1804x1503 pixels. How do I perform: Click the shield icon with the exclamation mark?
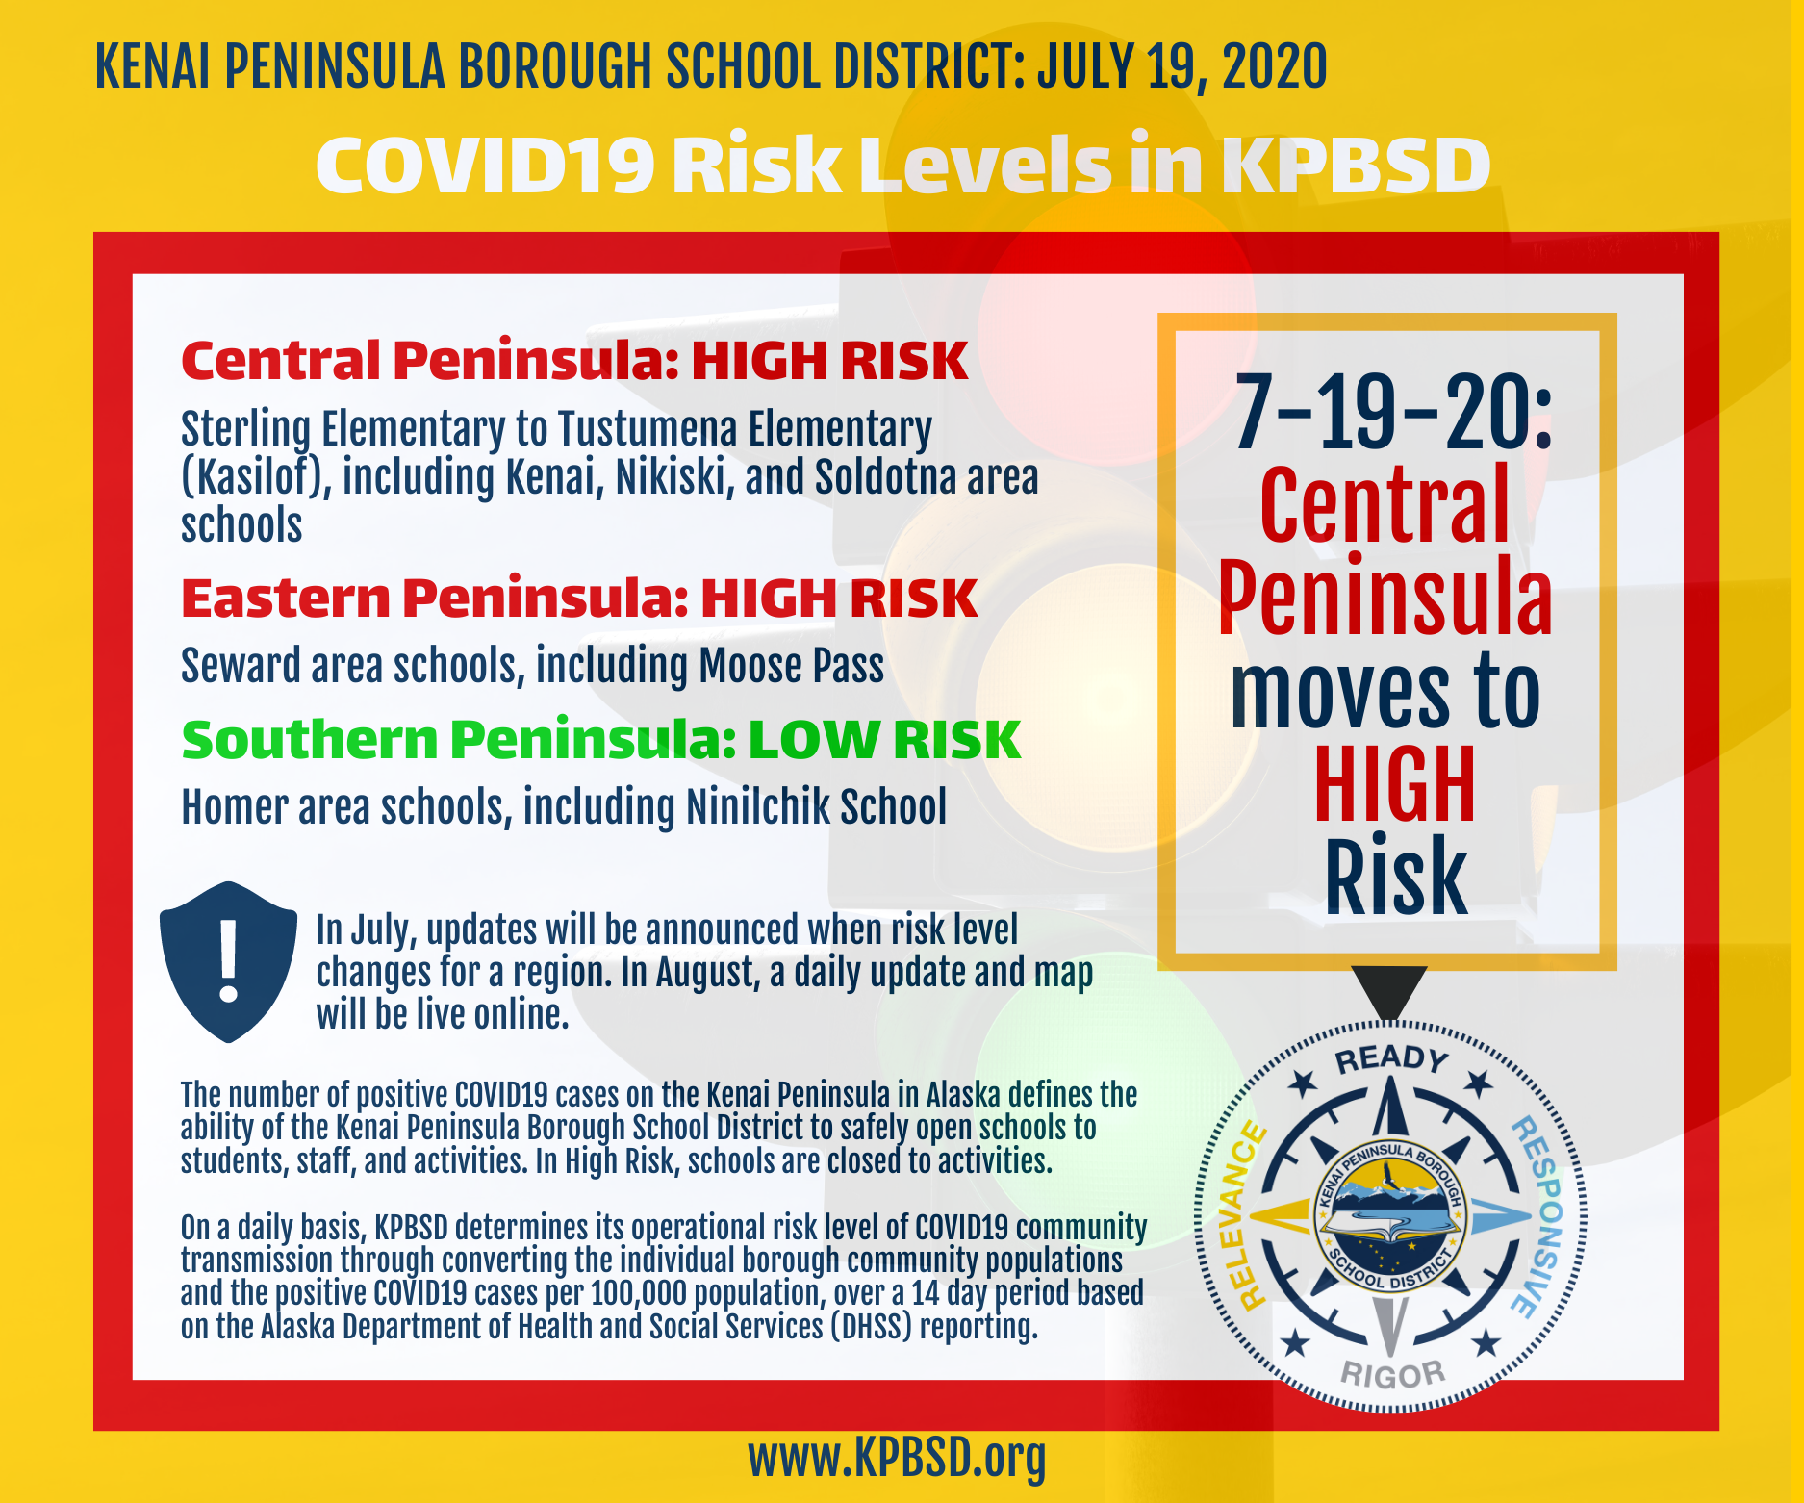tap(228, 961)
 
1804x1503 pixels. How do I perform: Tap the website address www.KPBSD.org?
tap(897, 1459)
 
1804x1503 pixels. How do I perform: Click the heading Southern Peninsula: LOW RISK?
tap(600, 740)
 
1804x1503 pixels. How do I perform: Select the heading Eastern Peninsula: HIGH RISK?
tap(579, 599)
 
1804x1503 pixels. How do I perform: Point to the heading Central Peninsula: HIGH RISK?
tap(574, 361)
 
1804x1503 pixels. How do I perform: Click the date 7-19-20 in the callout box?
tap(1392, 412)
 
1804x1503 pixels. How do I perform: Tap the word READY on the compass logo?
tap(1391, 1059)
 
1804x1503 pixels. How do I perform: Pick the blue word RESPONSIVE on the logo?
tap(1539, 1216)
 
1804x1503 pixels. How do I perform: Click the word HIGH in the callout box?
tap(1394, 784)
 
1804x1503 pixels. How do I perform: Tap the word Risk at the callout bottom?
tap(1395, 876)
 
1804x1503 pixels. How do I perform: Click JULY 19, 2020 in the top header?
tap(1181, 66)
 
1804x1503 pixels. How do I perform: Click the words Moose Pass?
tap(791, 666)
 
